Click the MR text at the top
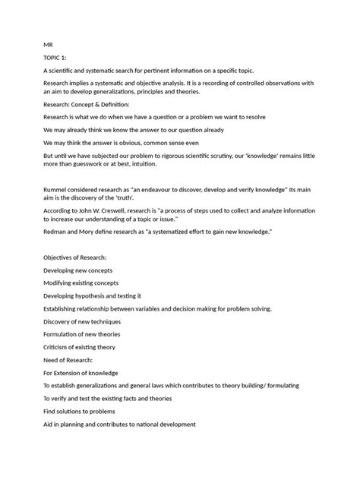(48, 45)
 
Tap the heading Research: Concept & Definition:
(87, 103)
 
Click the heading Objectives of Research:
(74, 258)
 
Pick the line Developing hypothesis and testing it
(93, 295)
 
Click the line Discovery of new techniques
(83, 322)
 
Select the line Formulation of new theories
(82, 334)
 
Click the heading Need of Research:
(68, 359)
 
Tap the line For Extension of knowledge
(81, 373)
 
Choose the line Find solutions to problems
(80, 411)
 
